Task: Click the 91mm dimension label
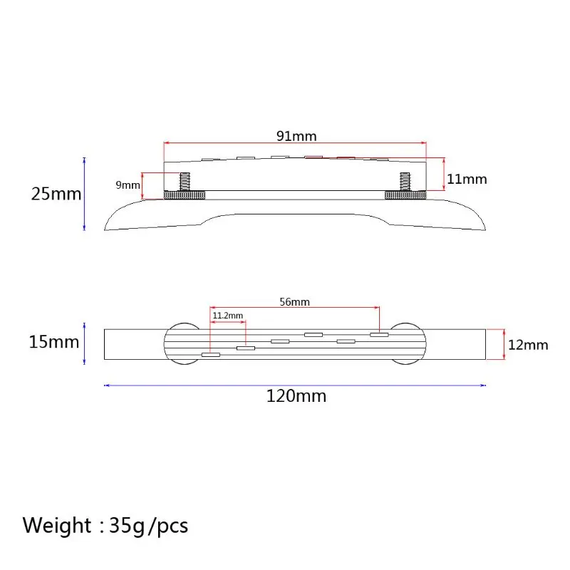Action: click(296, 136)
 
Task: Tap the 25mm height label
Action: click(56, 194)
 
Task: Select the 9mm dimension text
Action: click(128, 185)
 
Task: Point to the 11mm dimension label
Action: click(467, 179)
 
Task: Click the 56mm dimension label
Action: click(294, 301)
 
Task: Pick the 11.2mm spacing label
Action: click(227, 316)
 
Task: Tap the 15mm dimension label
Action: click(54, 342)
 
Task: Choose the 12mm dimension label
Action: click(528, 345)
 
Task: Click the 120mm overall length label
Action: click(296, 396)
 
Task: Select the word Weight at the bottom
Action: click(57, 526)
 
